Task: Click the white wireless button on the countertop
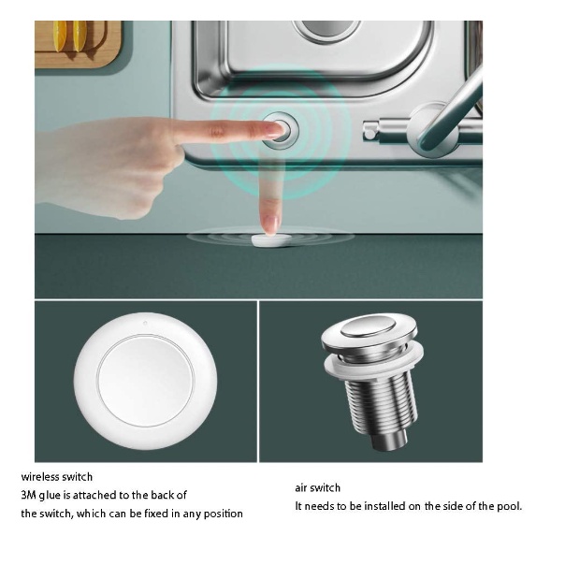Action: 271,240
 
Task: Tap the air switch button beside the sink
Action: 281,130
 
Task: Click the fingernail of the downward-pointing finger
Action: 270,225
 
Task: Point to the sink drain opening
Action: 327,28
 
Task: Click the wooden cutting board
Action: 78,43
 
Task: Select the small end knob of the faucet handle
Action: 369,130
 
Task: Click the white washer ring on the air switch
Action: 374,364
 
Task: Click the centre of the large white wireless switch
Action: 146,381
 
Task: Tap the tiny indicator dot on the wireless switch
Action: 145,323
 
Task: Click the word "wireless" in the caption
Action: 40,477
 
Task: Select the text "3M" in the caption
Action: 28,495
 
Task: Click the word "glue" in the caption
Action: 50,496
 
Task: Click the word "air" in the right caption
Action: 300,488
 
